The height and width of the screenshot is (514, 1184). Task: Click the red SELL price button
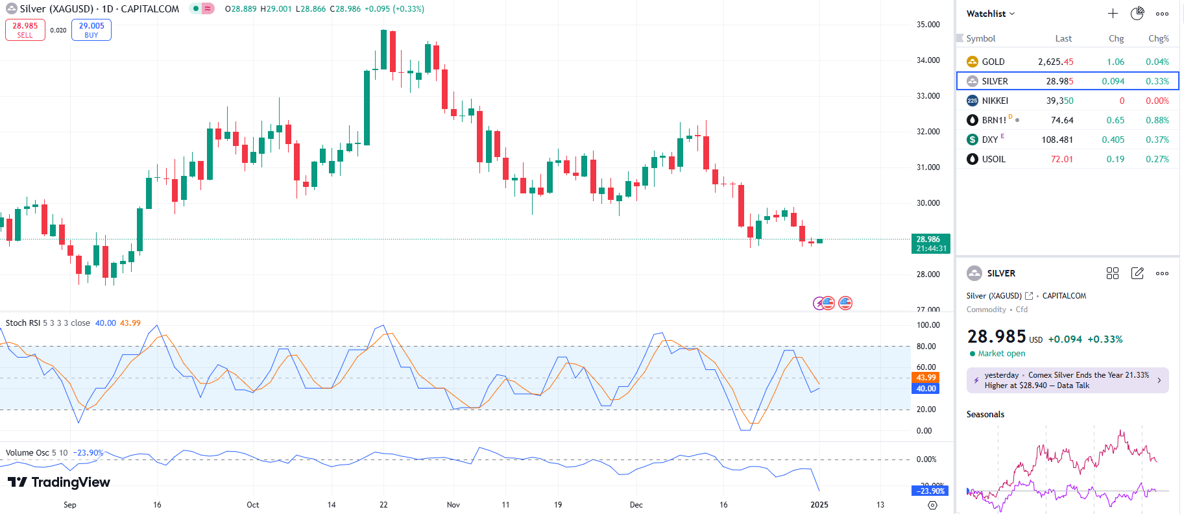click(25, 30)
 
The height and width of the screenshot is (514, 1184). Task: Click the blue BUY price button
click(91, 30)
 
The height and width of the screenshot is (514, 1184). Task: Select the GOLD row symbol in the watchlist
click(993, 62)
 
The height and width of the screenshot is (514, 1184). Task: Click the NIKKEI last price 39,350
click(1059, 101)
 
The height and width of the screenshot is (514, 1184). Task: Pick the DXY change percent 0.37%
click(1157, 140)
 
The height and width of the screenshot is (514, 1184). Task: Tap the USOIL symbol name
click(993, 159)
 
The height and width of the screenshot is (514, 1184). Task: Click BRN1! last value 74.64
click(1062, 120)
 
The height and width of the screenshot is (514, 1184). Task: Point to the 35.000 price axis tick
click(928, 25)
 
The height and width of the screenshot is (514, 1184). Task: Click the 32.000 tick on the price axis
click(928, 132)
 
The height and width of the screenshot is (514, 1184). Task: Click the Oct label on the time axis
click(253, 505)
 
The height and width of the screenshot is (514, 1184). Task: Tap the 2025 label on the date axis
click(819, 505)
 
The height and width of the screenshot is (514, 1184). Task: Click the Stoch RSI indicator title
click(22, 323)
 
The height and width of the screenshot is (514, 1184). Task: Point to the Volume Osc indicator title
click(27, 453)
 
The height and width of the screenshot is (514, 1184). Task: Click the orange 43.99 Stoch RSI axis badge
click(926, 378)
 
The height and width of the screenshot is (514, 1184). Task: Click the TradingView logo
click(59, 482)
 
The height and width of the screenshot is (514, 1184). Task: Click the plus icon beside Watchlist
click(1113, 14)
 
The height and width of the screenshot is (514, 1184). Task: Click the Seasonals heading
click(985, 414)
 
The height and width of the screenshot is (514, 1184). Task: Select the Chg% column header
click(1158, 38)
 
